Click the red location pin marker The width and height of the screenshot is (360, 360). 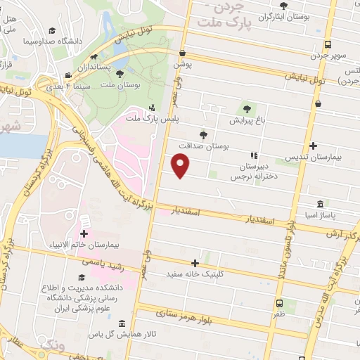point(181,166)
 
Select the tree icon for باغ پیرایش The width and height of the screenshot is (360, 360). point(246,108)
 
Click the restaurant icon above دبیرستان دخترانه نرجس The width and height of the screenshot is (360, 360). point(253,156)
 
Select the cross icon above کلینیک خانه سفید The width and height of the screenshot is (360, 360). point(205,262)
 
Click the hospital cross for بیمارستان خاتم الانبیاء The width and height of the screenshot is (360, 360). point(84,233)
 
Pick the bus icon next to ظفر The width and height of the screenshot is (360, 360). point(281,304)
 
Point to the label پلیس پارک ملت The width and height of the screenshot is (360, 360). point(153,120)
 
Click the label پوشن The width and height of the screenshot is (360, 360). point(183,63)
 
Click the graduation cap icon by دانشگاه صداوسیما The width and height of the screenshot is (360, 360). point(53,31)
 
